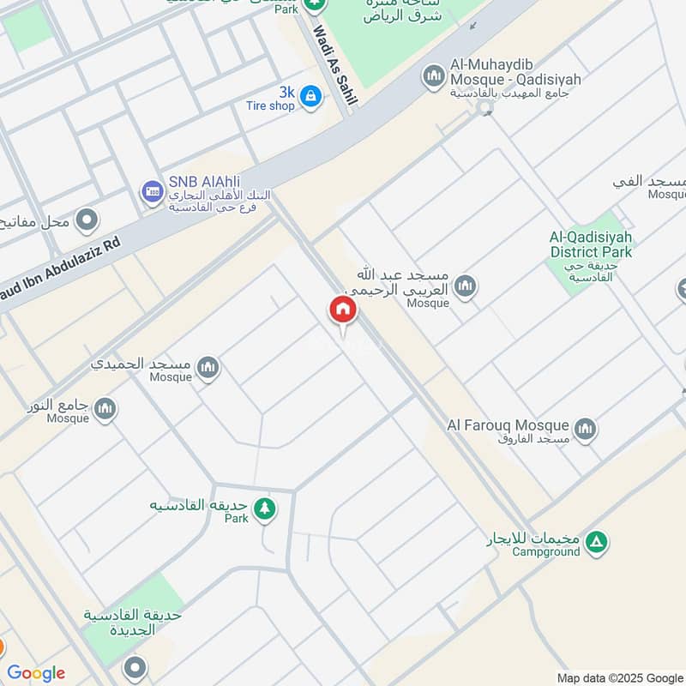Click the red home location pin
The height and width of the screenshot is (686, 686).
coord(342,310)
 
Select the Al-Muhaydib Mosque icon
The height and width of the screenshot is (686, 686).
coord(434,75)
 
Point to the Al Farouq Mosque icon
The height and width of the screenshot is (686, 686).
coord(586,429)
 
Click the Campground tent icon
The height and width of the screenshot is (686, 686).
coord(598,542)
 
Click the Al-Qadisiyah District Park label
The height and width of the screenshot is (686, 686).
coord(591,244)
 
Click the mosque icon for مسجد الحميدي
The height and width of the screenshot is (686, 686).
coord(208,369)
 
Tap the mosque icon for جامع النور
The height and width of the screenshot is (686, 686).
coord(105,409)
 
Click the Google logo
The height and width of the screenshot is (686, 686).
coord(36,672)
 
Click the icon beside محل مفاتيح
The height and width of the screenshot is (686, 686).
coord(86,221)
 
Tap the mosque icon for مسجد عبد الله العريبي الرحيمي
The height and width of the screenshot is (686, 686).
coord(466,286)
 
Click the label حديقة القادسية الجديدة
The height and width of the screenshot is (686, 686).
coord(132,622)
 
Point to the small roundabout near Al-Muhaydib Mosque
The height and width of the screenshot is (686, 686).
coord(485,109)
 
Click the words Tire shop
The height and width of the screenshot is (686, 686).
coord(270,106)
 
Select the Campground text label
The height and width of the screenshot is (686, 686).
coord(545,551)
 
